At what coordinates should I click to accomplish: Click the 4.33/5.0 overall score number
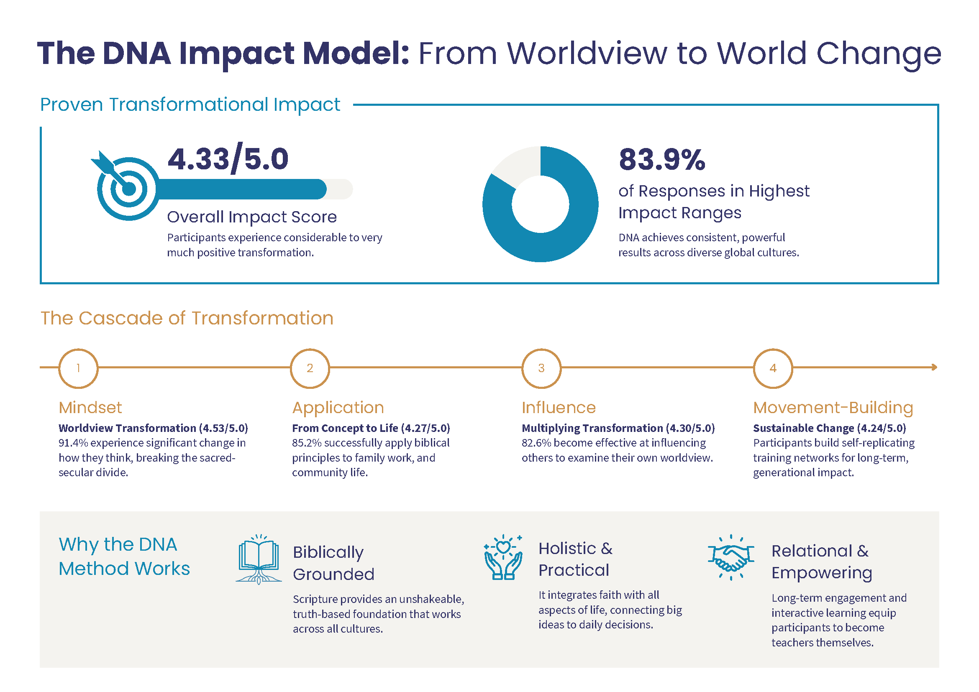click(x=228, y=159)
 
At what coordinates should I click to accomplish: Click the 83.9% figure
click(x=662, y=159)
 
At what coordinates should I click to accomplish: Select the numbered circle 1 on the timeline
click(x=79, y=368)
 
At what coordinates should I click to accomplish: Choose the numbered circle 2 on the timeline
click(x=310, y=368)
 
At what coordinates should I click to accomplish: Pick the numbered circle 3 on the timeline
click(x=541, y=368)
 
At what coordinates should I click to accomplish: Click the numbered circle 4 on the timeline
click(x=773, y=368)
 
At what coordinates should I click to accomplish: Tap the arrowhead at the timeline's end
click(x=934, y=367)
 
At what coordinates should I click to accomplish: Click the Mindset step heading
click(x=90, y=408)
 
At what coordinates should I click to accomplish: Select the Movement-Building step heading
click(x=833, y=408)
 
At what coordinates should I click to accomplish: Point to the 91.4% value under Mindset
click(x=73, y=443)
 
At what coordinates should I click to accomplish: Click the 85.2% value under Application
click(x=307, y=443)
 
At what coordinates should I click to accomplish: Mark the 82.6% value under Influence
click(x=536, y=443)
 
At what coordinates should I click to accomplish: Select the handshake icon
click(x=731, y=557)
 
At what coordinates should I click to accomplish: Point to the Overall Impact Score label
click(x=251, y=217)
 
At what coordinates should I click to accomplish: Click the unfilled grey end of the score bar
click(x=340, y=189)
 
